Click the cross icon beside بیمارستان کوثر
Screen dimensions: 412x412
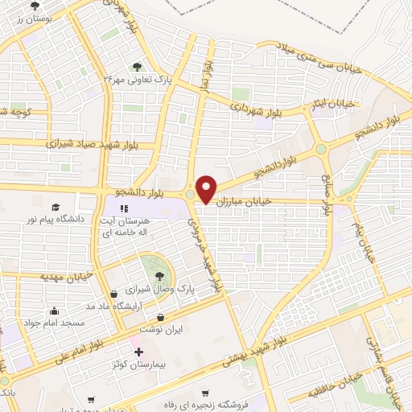pos(138,352)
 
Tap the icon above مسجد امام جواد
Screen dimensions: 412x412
pos(54,311)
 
